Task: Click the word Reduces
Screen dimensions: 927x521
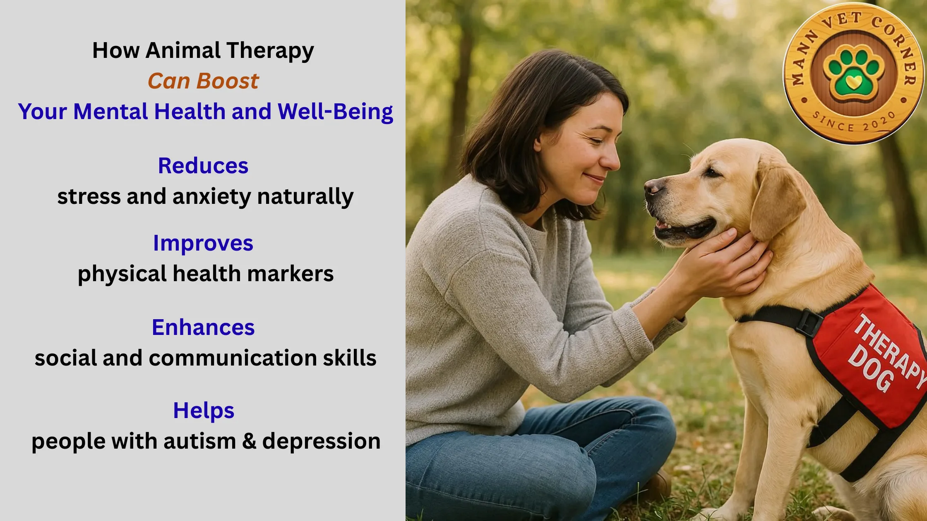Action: click(x=203, y=166)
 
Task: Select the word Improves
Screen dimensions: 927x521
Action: click(x=203, y=244)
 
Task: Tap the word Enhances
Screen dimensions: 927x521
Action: click(x=203, y=327)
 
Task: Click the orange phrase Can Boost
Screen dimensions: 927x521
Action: click(x=203, y=81)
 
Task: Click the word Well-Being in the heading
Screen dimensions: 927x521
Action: click(x=336, y=112)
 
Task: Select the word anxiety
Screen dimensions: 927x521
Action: click(x=211, y=197)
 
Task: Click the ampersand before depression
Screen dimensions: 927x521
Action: click(x=249, y=441)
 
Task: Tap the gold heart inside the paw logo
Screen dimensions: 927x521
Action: click(x=854, y=81)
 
